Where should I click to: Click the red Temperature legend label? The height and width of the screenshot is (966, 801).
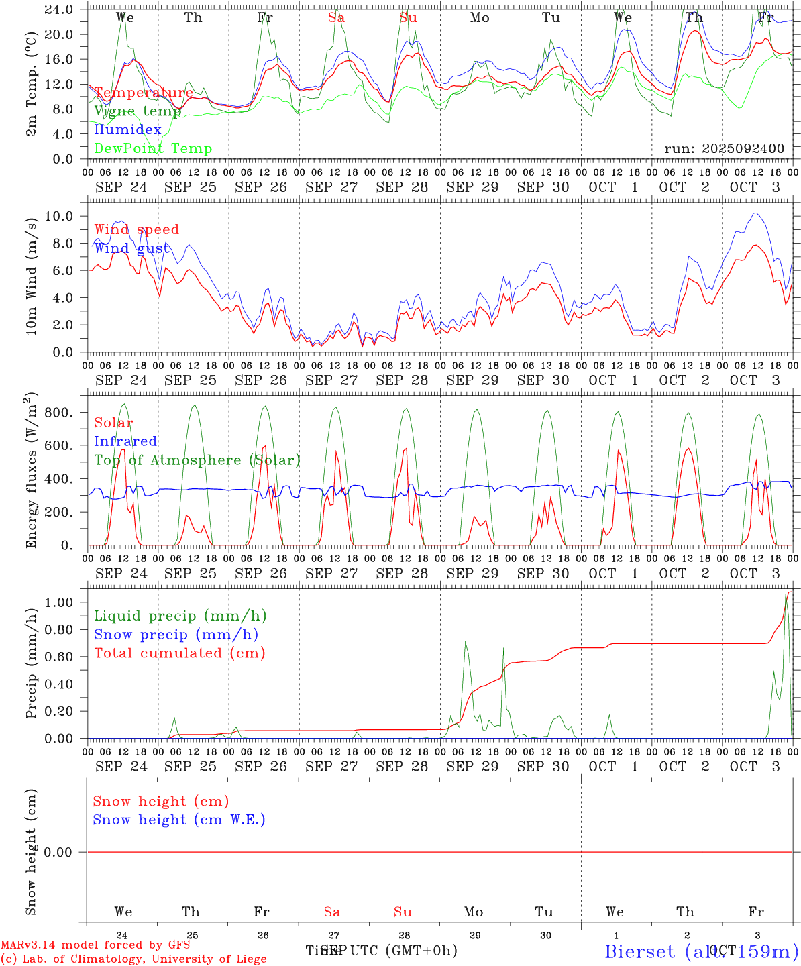(x=143, y=93)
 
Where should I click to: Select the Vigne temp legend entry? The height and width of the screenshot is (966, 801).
(x=138, y=111)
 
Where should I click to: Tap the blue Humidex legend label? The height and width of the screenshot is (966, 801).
(x=127, y=129)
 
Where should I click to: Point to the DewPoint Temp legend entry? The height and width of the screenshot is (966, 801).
(x=153, y=148)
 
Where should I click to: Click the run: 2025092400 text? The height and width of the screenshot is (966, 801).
(x=724, y=148)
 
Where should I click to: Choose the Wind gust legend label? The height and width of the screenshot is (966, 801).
(x=131, y=248)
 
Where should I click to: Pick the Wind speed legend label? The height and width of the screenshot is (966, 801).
(x=136, y=229)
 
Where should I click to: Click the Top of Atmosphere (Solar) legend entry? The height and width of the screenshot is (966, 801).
(x=197, y=460)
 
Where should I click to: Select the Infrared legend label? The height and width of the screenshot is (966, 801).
(x=125, y=441)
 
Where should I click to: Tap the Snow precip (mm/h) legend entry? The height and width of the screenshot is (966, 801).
(x=176, y=635)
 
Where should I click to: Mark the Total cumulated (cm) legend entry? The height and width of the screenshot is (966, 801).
(x=179, y=653)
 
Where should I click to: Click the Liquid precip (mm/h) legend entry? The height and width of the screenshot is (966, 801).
(x=180, y=616)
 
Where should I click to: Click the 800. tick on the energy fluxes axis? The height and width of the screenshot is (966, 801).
(x=58, y=412)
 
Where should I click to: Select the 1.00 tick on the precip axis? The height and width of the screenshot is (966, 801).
(x=59, y=602)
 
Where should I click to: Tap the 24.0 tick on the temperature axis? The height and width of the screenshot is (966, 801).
(x=59, y=9)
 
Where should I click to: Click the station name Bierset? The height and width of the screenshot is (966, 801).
(x=640, y=951)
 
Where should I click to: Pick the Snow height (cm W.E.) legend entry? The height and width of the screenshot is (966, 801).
(x=178, y=820)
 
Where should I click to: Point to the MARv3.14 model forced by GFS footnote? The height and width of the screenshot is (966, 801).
(x=95, y=945)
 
